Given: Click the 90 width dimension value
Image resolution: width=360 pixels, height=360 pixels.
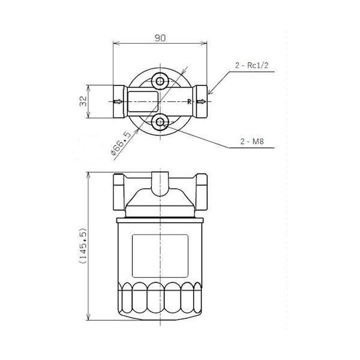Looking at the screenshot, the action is (160, 38).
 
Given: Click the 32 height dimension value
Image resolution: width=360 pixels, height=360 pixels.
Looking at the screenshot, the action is (83, 101).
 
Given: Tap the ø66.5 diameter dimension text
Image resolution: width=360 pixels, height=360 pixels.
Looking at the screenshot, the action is (121, 143).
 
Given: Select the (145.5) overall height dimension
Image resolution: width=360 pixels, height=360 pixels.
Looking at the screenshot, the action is (83, 245).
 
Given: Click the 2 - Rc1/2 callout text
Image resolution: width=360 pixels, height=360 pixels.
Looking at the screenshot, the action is (251, 65).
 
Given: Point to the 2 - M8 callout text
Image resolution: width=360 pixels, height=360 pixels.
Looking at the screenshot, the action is (252, 142).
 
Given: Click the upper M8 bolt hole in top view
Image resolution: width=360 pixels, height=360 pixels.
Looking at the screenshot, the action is (160, 81).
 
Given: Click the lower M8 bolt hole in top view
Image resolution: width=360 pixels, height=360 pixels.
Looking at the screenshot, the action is (160, 122).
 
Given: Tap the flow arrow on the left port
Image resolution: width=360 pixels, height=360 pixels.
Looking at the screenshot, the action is (118, 101).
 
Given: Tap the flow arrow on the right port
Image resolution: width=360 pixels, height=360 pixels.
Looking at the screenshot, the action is (201, 101).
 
